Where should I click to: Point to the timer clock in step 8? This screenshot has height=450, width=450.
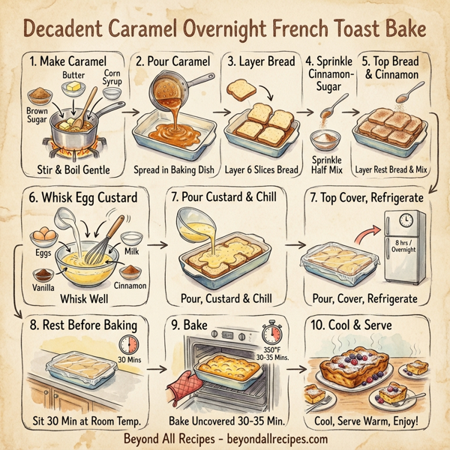(x=129, y=346)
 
